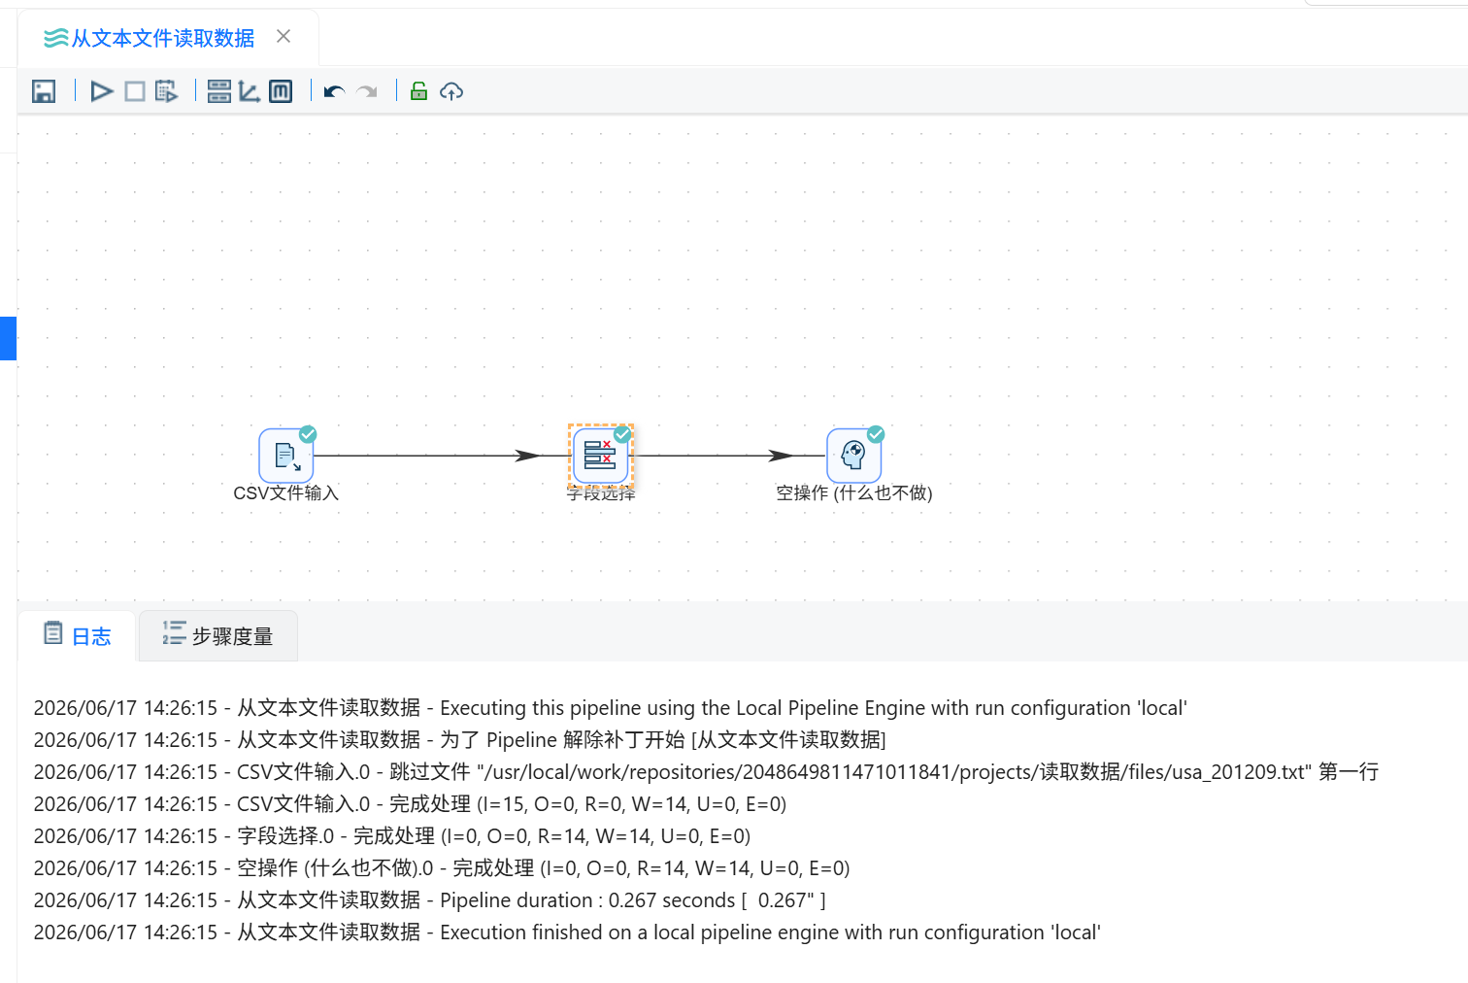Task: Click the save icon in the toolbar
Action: [44, 91]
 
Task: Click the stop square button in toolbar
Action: [135, 91]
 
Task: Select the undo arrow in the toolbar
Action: [334, 92]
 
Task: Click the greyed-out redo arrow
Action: [367, 92]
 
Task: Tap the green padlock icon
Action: [418, 91]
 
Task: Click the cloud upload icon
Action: [451, 92]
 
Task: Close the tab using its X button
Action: [284, 37]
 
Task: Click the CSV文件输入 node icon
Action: [286, 456]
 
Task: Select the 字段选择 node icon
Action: [600, 456]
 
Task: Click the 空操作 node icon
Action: [854, 456]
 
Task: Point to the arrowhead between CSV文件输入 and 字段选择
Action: [527, 456]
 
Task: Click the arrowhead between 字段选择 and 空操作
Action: [781, 456]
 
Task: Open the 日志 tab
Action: [78, 635]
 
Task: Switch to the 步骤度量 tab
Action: [218, 635]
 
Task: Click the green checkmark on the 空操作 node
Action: [876, 434]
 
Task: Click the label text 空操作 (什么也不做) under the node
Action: [854, 493]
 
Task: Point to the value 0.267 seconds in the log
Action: [671, 900]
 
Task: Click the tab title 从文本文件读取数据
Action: [162, 38]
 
